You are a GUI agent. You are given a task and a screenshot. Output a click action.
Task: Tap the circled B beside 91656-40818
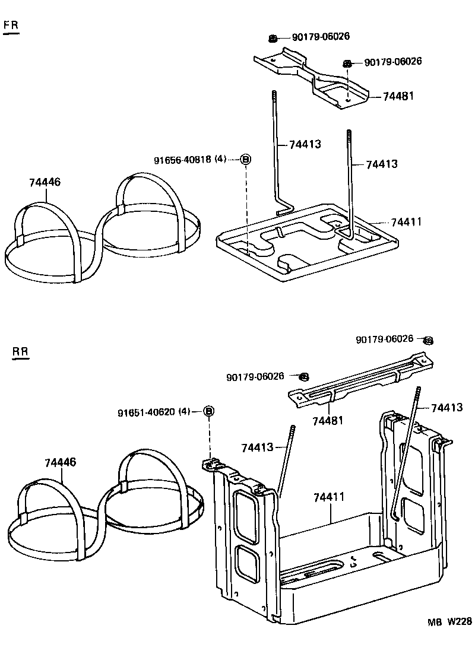(x=246, y=160)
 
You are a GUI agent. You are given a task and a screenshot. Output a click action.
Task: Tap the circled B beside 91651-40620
(x=209, y=411)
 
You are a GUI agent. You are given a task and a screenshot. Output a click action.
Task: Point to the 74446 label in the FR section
(x=45, y=182)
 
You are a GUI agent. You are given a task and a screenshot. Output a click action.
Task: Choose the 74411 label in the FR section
(x=406, y=222)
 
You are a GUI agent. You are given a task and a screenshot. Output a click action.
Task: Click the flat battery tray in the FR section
(x=306, y=243)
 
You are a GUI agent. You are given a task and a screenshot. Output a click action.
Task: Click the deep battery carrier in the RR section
(x=332, y=570)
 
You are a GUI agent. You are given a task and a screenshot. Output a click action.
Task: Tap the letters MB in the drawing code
(x=435, y=622)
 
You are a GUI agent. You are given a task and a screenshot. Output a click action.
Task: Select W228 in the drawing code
(x=459, y=622)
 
